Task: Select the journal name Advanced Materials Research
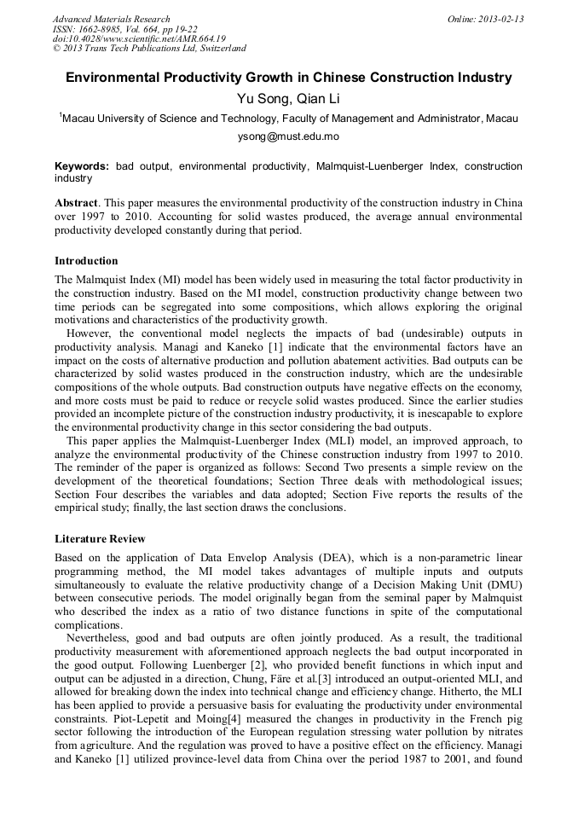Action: pos(111,19)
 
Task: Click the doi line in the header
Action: pos(139,39)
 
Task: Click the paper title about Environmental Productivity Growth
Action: pos(289,78)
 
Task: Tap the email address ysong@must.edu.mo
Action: pos(288,136)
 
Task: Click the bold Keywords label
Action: pos(82,166)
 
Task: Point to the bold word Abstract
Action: pos(77,205)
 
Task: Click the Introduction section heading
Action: pos(86,261)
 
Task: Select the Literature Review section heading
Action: pos(100,539)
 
